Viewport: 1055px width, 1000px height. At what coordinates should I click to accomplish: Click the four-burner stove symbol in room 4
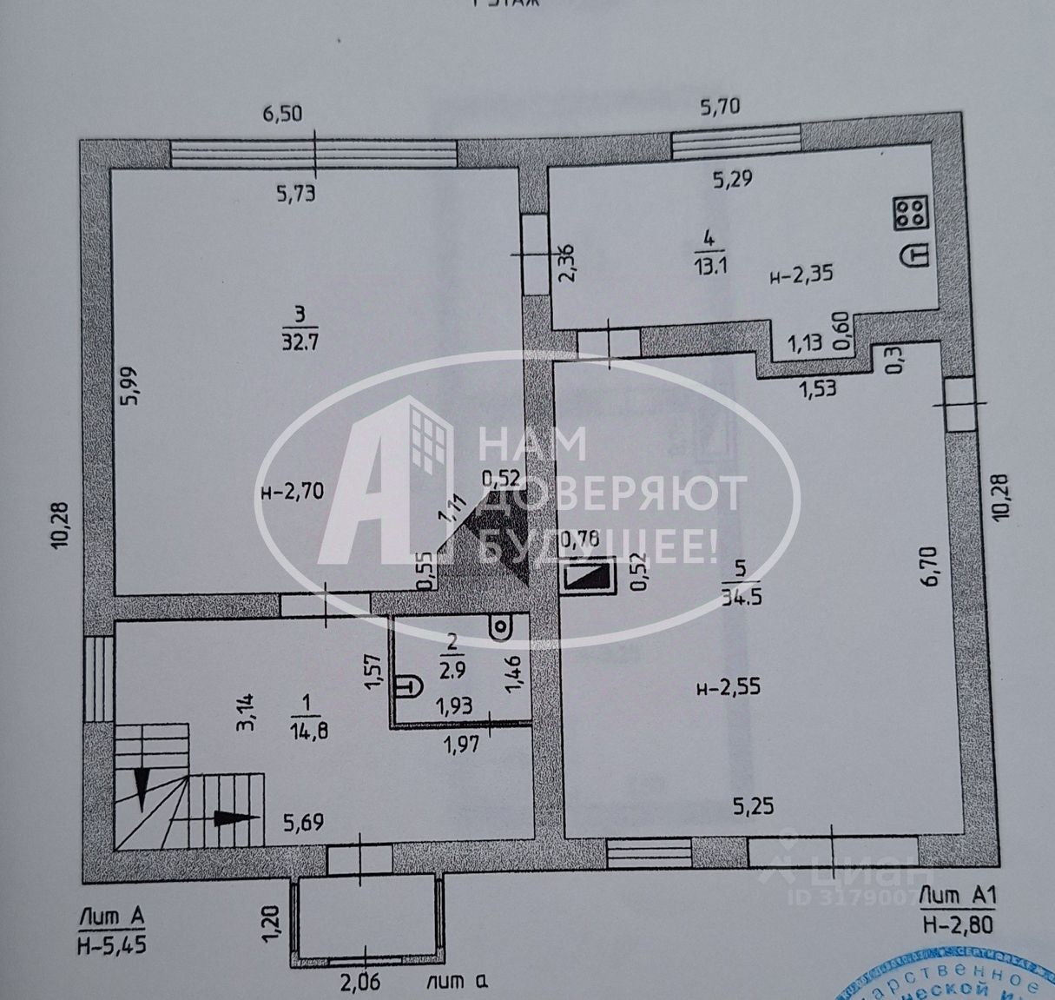(908, 213)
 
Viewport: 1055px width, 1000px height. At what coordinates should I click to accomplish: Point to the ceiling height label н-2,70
(292, 491)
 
